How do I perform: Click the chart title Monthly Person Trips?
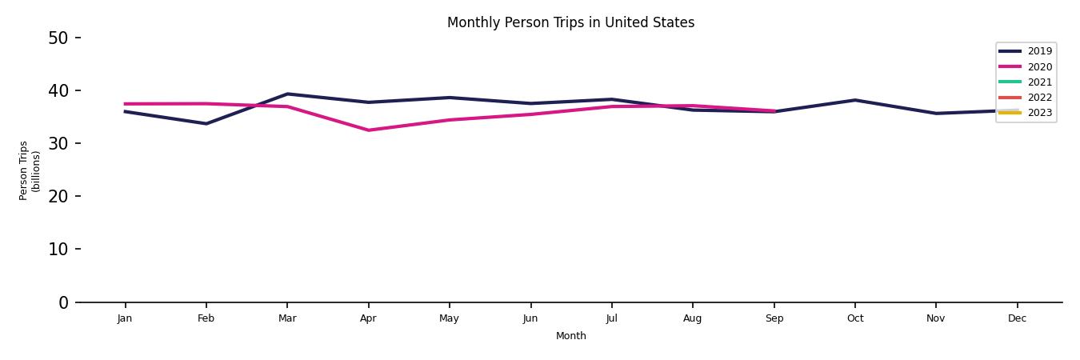coord(570,22)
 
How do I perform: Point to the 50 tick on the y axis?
coord(58,38)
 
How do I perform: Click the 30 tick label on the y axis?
coord(58,143)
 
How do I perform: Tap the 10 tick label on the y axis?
coord(58,249)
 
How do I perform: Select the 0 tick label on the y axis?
coord(63,302)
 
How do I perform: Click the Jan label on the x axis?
coord(125,318)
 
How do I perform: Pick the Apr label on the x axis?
coord(368,318)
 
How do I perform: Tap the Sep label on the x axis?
coord(774,318)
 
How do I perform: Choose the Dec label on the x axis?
coord(1017,318)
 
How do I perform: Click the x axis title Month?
coord(570,336)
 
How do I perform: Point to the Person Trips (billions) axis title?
coord(30,170)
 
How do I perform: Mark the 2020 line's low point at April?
coord(368,130)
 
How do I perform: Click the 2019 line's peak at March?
coord(287,94)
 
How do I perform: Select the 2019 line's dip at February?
coord(206,123)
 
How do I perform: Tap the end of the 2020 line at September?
coord(774,111)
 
